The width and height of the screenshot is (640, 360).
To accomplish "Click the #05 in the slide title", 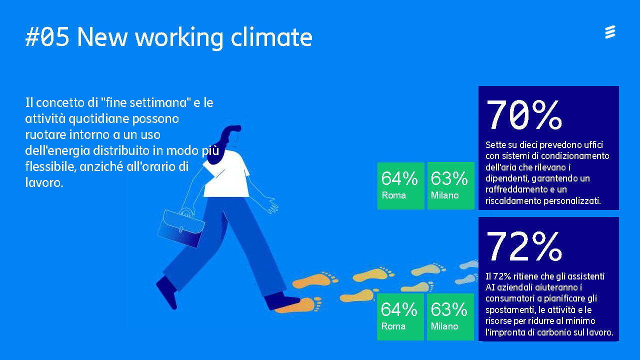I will (x=47, y=37).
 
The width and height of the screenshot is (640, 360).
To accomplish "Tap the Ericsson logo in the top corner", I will (x=609, y=32).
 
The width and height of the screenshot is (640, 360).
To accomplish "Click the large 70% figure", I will (x=523, y=115).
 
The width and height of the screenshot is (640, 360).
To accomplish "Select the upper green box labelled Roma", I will (x=400, y=185).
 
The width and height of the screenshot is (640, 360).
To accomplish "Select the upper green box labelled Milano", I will (x=450, y=185).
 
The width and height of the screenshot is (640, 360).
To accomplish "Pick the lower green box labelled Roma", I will (x=400, y=317).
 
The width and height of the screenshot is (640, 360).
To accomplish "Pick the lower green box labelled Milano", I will (x=450, y=317).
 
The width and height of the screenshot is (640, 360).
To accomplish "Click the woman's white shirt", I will (x=228, y=175).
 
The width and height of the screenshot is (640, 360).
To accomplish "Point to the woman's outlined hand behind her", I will (x=271, y=205).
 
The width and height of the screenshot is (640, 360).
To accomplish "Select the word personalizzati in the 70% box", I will (x=573, y=201).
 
